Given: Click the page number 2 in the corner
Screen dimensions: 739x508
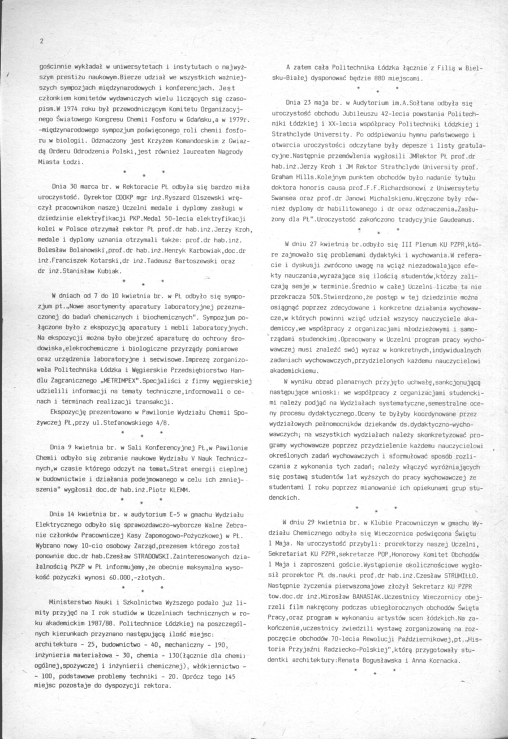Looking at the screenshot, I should coord(41,41).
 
